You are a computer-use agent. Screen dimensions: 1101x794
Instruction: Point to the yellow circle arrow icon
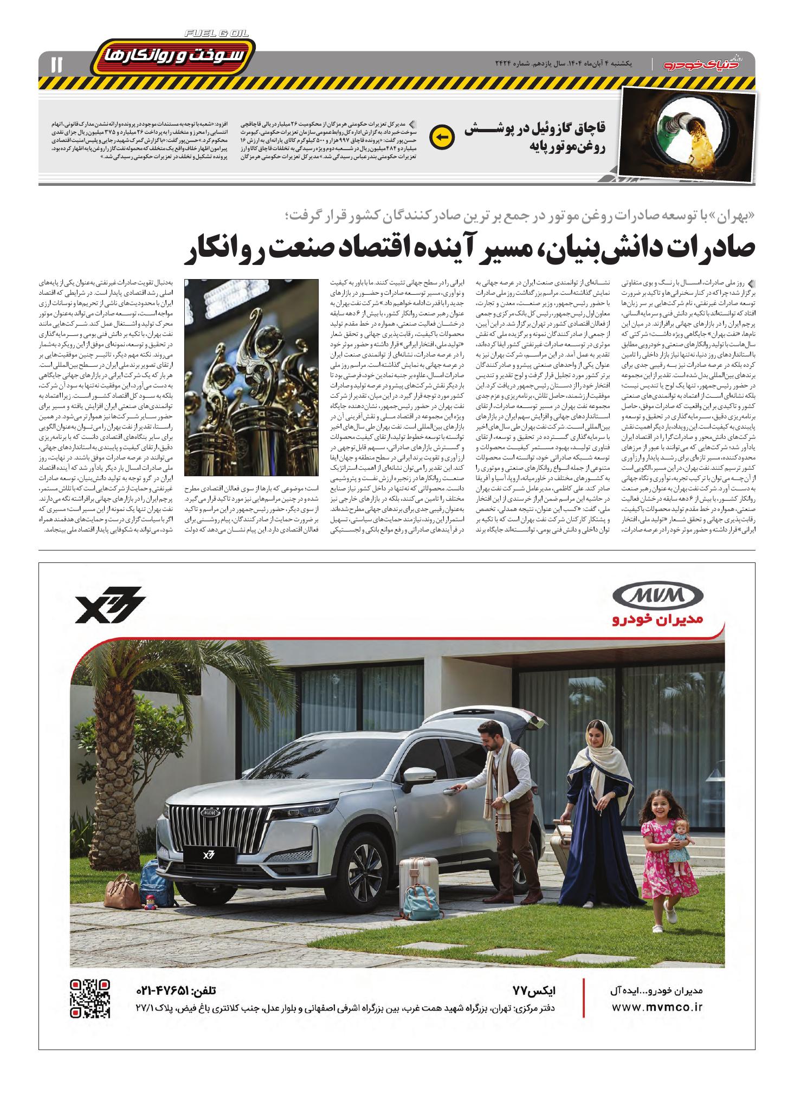pyautogui.click(x=440, y=137)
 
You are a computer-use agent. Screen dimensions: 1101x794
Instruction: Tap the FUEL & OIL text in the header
pyautogui.click(x=216, y=34)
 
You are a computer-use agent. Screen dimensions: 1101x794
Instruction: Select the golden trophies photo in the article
pyautogui.click(x=251, y=378)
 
